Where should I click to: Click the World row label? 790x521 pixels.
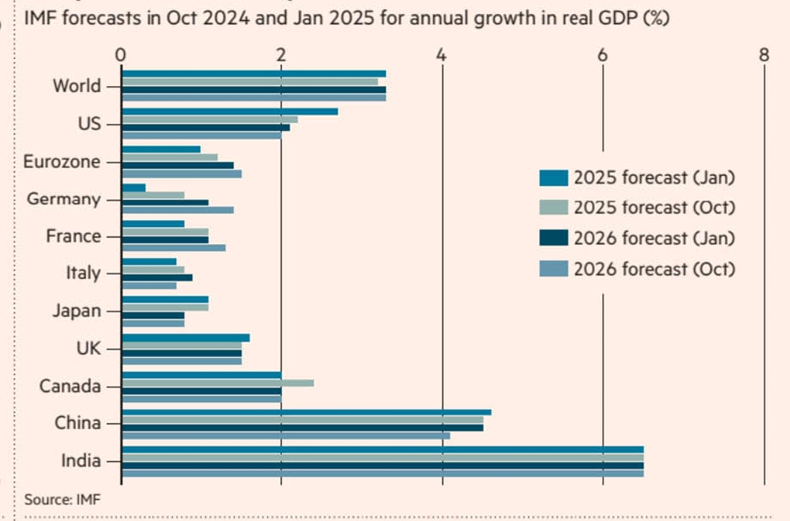[76, 86]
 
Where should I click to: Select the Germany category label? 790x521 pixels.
[64, 199]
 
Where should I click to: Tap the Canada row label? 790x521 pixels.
[70, 386]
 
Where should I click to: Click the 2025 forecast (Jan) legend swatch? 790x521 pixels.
[553, 178]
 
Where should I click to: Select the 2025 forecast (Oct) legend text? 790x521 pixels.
[654, 208]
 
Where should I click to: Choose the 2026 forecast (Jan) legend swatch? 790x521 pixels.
[553, 238]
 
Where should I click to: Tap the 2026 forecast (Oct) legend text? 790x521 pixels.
[654, 269]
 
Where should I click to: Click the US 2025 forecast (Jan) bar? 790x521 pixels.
[229, 112]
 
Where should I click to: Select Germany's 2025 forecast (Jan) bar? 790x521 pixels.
[133, 187]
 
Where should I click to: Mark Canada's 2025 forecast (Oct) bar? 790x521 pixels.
[217, 383]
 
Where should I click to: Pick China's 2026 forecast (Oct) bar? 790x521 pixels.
[285, 435]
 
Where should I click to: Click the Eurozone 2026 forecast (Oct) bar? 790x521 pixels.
[181, 174]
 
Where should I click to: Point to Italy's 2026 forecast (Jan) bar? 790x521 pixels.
[156, 278]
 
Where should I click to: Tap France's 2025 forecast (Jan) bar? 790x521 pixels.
[153, 224]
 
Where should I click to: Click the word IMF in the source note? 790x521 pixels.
[88, 499]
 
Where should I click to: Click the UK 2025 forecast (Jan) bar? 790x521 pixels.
[185, 338]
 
